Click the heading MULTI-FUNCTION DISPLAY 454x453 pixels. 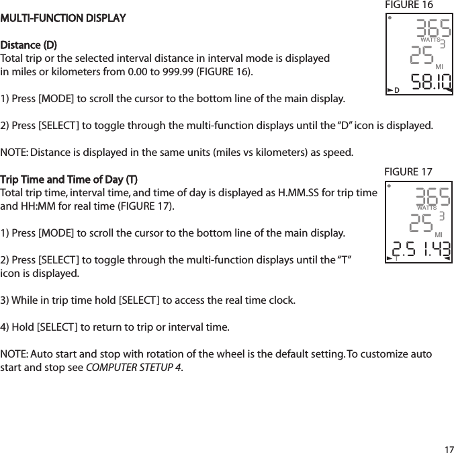(63, 17)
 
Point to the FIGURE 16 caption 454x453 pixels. (408, 5)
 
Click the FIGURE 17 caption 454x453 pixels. (408, 172)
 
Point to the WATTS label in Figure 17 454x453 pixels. (422, 208)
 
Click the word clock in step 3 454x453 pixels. (280, 300)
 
